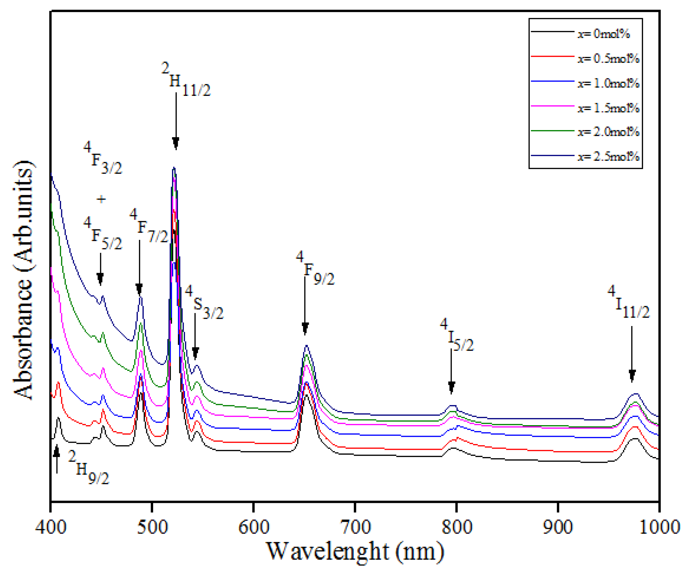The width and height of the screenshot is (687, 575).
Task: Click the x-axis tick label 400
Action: point(51,527)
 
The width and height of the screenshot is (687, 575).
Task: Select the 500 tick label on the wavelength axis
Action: point(152,527)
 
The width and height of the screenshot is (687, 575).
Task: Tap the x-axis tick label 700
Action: point(355,527)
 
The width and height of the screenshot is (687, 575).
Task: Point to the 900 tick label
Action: point(558,527)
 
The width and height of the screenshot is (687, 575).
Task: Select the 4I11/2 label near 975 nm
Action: point(628,302)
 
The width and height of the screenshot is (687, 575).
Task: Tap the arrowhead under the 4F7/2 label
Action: point(139,290)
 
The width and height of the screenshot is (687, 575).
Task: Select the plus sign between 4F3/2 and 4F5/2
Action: point(101,199)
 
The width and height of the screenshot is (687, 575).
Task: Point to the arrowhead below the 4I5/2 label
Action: point(452,387)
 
